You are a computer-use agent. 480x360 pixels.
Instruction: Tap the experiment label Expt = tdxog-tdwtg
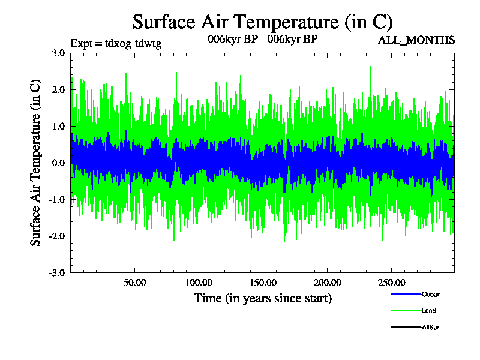pos(116,43)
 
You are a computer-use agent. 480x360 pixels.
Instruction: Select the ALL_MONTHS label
pos(416,40)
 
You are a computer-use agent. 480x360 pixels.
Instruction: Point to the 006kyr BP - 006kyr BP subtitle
pos(262,39)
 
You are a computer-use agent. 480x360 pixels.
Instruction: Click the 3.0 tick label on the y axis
pos(58,53)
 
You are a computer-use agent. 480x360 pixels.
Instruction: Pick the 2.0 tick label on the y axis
pos(58,89)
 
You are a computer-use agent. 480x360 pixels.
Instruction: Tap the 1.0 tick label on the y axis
pos(58,126)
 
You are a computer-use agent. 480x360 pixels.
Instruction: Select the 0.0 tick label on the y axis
pos(58,163)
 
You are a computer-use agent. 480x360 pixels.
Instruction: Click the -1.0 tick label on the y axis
pos(57,199)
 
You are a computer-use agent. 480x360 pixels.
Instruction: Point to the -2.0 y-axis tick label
pos(57,236)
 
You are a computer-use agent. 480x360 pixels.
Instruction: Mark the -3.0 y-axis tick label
pos(57,272)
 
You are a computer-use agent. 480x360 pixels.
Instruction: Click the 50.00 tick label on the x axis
pos(135,282)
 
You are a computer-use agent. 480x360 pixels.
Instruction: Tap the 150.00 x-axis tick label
pos(263,282)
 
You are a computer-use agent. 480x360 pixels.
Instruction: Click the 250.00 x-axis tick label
pos(391,282)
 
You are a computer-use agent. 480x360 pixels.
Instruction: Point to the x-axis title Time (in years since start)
pos(263,298)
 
